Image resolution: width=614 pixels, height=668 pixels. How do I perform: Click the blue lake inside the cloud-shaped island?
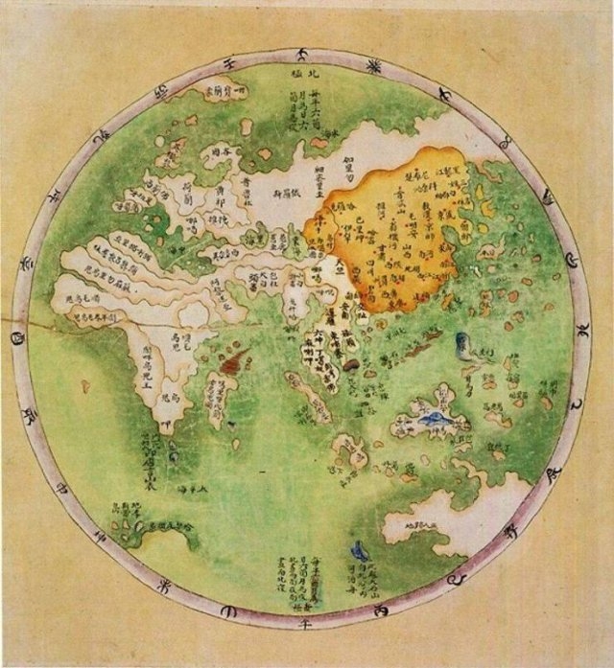(x=433, y=418)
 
